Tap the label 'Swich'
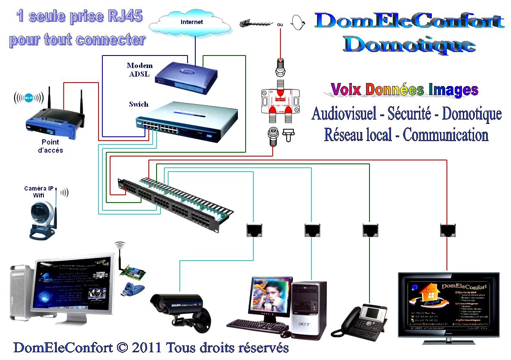(139, 104)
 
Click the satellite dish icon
(298, 22)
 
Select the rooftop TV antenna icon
(257, 22)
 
